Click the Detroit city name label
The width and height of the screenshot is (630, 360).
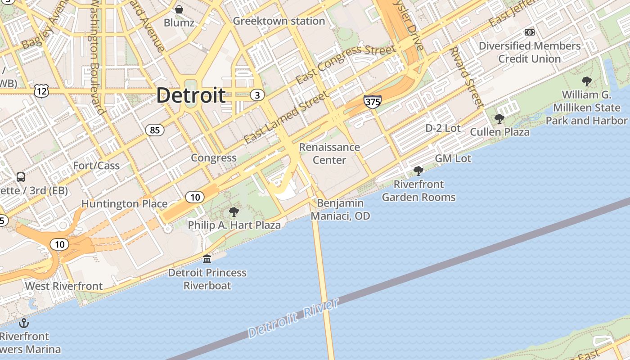(191, 95)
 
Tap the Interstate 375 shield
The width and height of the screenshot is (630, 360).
(373, 102)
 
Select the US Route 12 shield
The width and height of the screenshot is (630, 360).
(40, 91)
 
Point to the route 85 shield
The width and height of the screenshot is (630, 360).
(155, 130)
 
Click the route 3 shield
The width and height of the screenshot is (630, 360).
(257, 95)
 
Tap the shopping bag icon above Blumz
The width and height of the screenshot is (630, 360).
(179, 9)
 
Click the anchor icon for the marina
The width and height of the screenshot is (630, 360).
(23, 323)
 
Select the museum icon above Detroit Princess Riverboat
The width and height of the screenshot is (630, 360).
(207, 259)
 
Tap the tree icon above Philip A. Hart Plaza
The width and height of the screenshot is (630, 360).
(234, 212)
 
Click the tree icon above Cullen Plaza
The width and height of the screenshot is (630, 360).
(499, 119)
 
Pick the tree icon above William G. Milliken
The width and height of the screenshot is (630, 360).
(586, 81)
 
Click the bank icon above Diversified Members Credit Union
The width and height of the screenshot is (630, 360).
(530, 32)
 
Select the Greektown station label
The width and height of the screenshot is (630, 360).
(279, 21)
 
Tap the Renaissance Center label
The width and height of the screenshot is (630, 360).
(329, 153)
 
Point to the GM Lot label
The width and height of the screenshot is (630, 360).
(453, 158)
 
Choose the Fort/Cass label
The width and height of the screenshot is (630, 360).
(96, 166)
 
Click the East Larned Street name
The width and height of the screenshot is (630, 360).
(287, 118)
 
